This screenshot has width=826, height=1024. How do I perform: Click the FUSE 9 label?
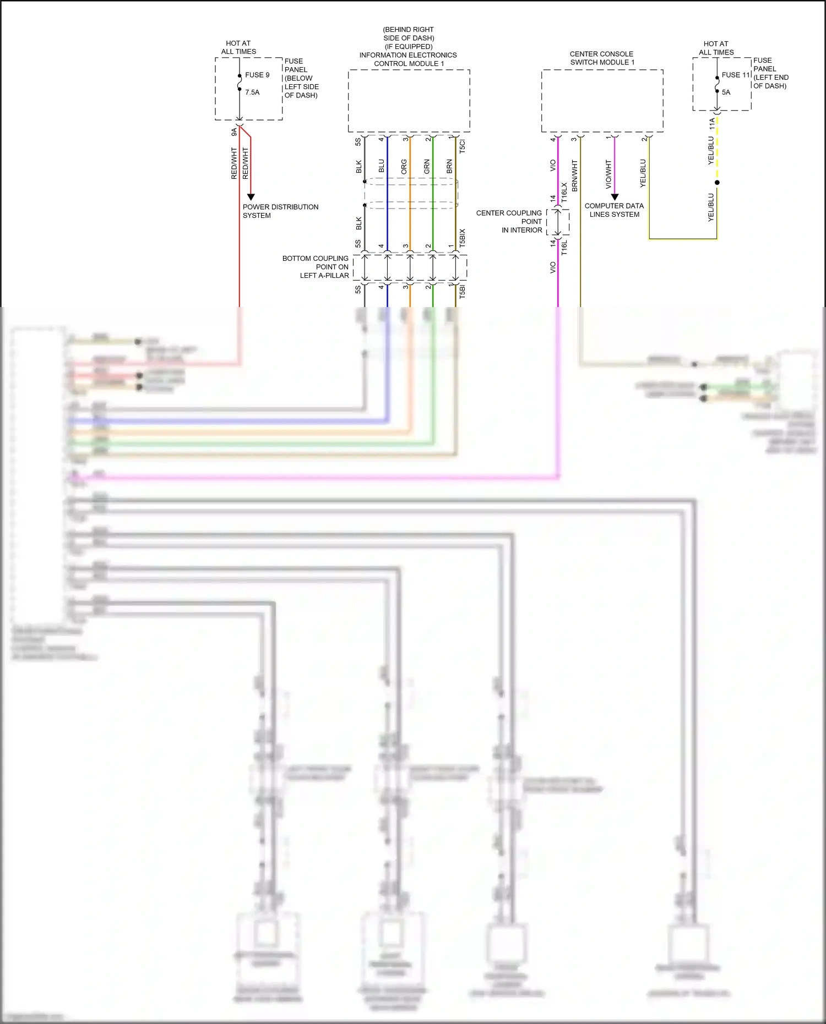point(257,75)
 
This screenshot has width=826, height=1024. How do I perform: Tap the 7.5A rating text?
point(252,92)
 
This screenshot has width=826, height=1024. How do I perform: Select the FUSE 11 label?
point(736,75)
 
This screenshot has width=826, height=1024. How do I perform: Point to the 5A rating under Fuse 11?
point(726,92)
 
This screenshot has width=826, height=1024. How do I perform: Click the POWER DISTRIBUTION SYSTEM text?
point(280,211)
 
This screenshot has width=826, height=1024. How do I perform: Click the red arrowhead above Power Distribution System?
point(251,197)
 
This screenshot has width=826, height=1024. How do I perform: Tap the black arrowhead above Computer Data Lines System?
point(615,197)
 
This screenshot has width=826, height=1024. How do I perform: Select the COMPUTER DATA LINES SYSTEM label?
point(614,210)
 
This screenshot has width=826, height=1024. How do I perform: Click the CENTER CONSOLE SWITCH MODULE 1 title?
point(601,58)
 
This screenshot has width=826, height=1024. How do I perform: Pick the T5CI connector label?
point(463,146)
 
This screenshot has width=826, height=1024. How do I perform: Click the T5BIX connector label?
point(463,237)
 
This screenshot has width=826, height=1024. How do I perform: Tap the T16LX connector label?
point(564,193)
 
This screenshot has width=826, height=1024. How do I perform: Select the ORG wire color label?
point(404,167)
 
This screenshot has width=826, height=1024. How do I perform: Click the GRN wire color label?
point(427,167)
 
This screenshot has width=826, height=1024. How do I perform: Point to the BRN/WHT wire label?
point(575,176)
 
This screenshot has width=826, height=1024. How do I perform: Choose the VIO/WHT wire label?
point(608,174)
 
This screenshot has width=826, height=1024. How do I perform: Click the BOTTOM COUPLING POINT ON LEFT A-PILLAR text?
point(316,267)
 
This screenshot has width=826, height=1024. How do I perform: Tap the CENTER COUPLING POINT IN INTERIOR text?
point(509,221)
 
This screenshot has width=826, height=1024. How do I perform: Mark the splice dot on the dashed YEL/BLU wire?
point(717,182)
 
